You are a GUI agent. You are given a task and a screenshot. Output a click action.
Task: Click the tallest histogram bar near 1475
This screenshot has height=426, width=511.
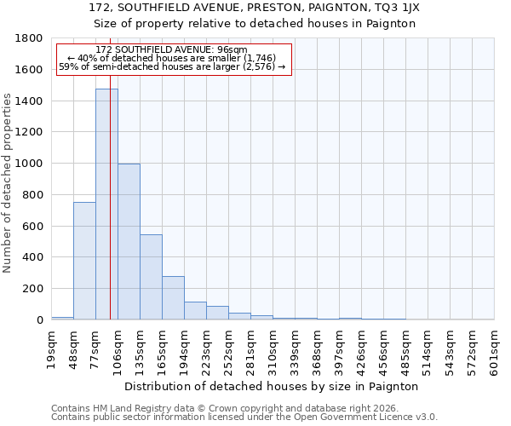106,204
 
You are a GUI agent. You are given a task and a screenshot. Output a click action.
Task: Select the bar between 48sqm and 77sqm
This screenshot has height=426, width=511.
84,261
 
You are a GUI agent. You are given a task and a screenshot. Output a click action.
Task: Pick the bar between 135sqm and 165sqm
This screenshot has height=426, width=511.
151,277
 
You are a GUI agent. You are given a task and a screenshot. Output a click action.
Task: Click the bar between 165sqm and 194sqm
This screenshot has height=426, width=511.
173,297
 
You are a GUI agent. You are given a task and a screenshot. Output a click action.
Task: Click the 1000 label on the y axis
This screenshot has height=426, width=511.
29,164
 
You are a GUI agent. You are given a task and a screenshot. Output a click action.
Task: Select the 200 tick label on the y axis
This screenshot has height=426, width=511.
32,289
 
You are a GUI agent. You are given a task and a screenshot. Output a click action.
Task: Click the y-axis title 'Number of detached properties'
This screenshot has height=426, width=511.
8,207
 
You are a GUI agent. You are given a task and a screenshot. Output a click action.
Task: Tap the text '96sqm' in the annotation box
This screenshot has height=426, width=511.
231,50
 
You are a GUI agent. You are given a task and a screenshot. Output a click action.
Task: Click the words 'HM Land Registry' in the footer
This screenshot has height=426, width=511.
126,408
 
